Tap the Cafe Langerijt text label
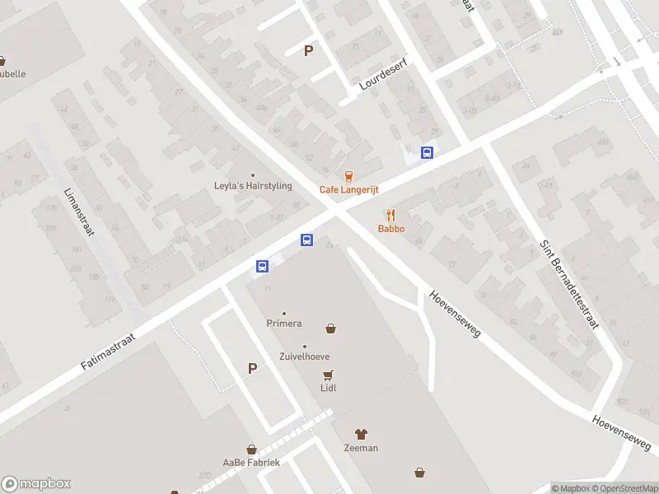click(348, 189)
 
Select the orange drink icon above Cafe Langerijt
click(348, 175)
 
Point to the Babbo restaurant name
click(391, 228)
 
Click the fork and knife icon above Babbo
click(391, 215)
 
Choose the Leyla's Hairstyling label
click(253, 186)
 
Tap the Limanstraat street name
click(79, 211)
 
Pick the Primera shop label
click(284, 324)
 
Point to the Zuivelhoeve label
click(305, 357)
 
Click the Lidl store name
click(329, 388)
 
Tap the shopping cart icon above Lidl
click(329, 375)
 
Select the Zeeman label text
click(361, 448)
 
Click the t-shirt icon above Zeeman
click(361, 434)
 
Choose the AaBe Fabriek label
click(251, 462)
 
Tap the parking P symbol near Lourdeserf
click(309, 50)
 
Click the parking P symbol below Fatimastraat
click(252, 369)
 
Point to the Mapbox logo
click(36, 484)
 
